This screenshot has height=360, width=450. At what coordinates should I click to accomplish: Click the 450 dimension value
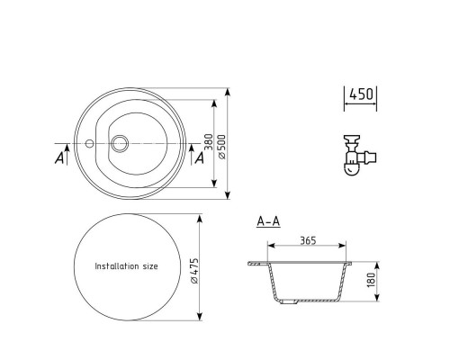362,94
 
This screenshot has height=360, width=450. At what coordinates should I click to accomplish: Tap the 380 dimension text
209,142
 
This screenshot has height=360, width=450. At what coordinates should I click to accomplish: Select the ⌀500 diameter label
222,147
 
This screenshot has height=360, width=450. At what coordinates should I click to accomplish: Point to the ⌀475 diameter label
194,271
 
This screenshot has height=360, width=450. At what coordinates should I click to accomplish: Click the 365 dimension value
308,240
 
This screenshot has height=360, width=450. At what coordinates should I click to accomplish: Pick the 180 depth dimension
371,280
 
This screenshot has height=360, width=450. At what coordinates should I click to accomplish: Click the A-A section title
268,221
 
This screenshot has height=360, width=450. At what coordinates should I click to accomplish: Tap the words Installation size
126,266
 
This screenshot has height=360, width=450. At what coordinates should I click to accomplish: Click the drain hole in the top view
120,143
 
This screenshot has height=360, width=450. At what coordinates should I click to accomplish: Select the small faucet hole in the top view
89,143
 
